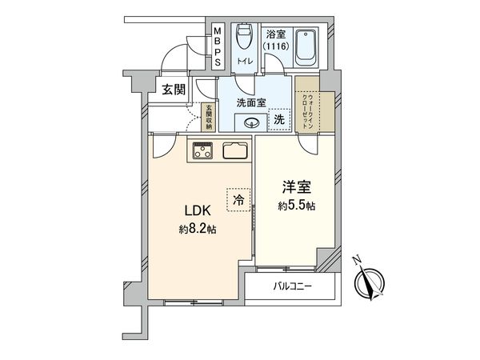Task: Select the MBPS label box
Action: click(x=217, y=48)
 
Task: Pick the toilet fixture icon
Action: click(x=245, y=39)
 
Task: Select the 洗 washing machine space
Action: click(x=279, y=119)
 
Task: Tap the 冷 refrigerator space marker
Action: click(x=237, y=200)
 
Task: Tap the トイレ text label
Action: click(x=244, y=61)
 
